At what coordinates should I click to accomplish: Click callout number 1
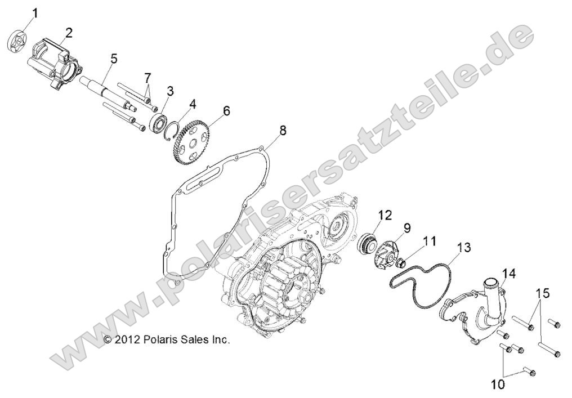tap(35, 12)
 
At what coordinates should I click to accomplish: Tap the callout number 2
tap(69, 32)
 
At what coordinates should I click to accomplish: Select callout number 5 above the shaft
tap(114, 58)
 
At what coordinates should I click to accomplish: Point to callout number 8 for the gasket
tap(283, 131)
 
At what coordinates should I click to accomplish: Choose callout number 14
tap(508, 274)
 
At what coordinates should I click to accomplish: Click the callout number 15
tap(541, 294)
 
